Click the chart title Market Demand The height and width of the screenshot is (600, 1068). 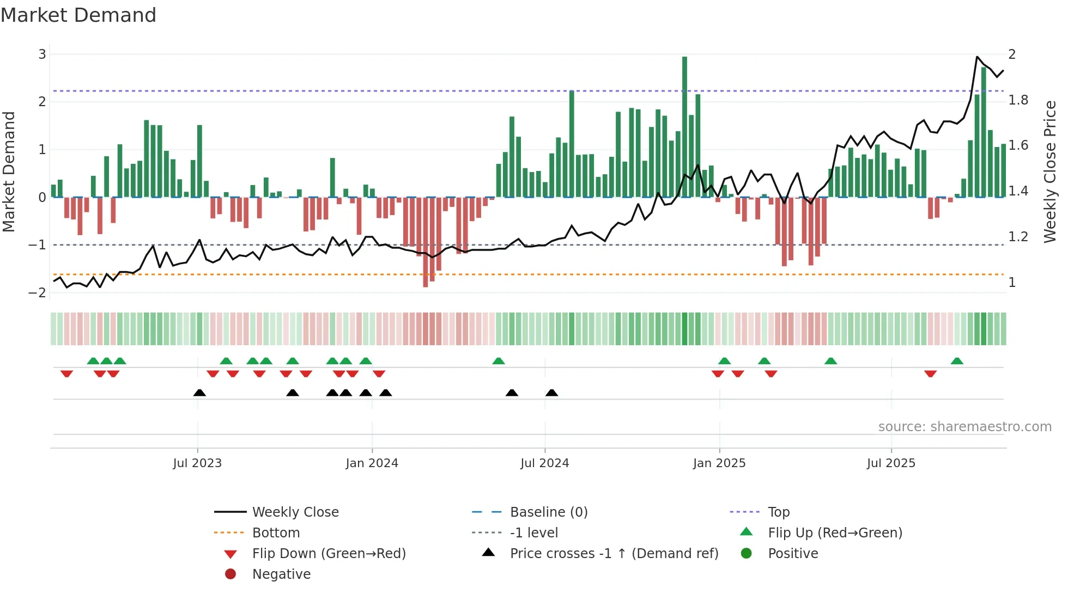[x=78, y=15]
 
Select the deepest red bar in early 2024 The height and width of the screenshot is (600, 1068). [x=426, y=242]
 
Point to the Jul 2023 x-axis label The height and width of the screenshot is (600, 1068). [x=197, y=463]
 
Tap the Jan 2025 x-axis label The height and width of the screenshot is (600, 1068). [x=719, y=463]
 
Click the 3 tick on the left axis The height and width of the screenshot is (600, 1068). [x=42, y=54]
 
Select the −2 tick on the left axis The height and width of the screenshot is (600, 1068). [x=38, y=292]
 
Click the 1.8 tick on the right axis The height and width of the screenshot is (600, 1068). [x=1018, y=100]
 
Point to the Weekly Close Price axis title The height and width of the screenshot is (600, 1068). [x=1049, y=172]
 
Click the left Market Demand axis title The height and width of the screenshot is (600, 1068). [x=9, y=172]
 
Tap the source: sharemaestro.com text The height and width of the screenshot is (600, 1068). [x=964, y=426]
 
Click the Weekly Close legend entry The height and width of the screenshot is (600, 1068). [x=295, y=512]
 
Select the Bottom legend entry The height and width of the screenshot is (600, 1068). [x=276, y=532]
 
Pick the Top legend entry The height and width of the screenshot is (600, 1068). [x=779, y=512]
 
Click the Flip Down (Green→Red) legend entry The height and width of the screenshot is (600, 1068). [x=329, y=553]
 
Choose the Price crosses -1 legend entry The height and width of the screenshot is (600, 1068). [x=614, y=553]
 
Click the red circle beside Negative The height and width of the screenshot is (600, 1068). [x=230, y=574]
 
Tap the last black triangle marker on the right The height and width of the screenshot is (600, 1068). [x=551, y=393]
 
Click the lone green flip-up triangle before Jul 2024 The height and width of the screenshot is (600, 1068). [x=498, y=361]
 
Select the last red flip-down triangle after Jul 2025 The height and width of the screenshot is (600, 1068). [x=930, y=374]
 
